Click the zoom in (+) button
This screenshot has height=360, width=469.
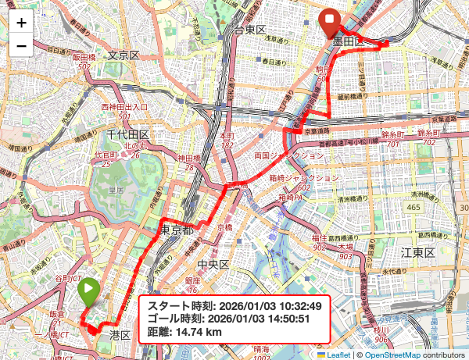[x=21, y=23]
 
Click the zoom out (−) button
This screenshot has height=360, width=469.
[x=21, y=46]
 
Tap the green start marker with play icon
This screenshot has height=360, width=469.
[x=88, y=294]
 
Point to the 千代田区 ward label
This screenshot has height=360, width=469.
[x=127, y=136]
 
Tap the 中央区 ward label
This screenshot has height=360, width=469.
[x=213, y=265]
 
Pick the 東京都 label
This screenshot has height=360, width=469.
[x=178, y=230]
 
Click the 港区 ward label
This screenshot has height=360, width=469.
[x=120, y=334]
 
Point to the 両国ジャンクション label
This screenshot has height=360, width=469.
[x=288, y=155]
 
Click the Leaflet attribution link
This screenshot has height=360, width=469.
[x=338, y=354]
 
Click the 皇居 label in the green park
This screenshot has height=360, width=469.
[x=116, y=189]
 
